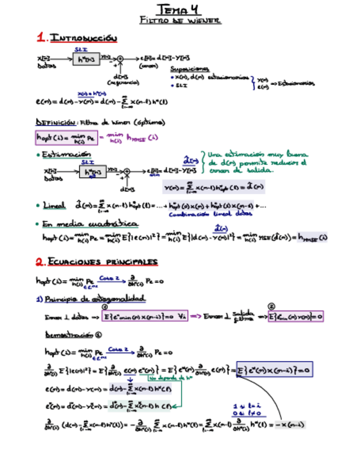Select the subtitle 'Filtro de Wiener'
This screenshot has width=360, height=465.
(x=180, y=20)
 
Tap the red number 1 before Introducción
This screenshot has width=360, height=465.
(x=41, y=38)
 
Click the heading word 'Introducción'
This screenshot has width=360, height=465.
(x=83, y=38)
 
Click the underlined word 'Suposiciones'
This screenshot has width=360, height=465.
(x=190, y=70)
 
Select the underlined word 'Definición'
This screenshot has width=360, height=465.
(x=54, y=122)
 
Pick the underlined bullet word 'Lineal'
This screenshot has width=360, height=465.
(x=54, y=205)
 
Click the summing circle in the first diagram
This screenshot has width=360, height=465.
(x=121, y=58)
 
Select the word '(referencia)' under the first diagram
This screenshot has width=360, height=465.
(x=123, y=82)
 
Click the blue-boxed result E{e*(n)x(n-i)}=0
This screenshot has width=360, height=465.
(x=274, y=371)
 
